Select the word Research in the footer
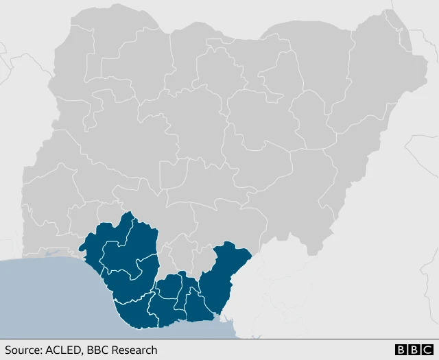click(x=134, y=350)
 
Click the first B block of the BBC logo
click(x=401, y=350)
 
